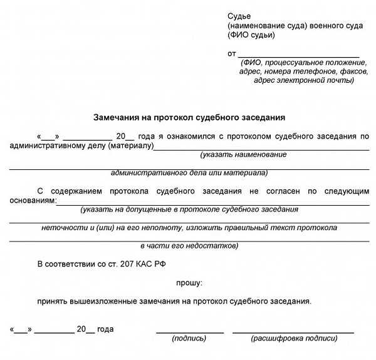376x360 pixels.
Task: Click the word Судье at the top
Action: pos(239,14)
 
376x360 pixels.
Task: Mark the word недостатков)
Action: pos(211,245)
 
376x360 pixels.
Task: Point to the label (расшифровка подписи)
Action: pos(294,339)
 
